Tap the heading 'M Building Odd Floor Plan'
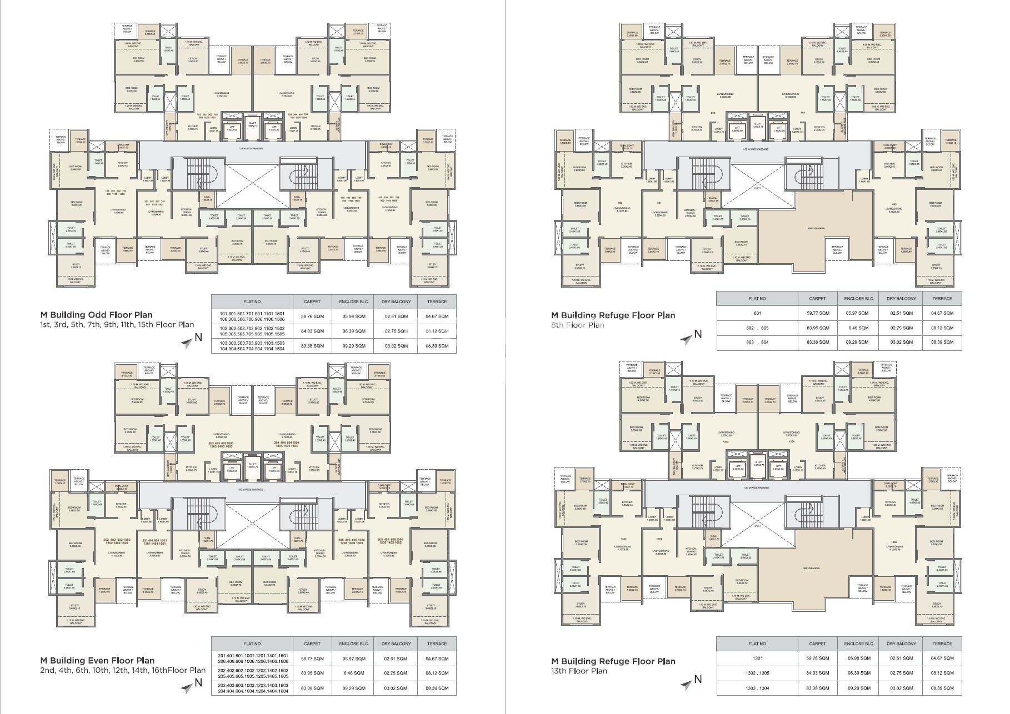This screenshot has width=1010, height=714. [x=96, y=315]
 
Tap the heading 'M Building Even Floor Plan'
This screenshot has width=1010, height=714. [x=97, y=660]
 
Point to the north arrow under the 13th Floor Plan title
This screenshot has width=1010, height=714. [x=694, y=680]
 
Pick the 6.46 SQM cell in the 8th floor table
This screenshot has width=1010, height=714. [x=859, y=328]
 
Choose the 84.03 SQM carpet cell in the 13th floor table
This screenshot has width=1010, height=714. [x=818, y=673]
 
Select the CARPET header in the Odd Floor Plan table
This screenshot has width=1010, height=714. [x=312, y=301]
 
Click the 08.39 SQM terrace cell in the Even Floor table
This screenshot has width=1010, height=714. [x=436, y=688]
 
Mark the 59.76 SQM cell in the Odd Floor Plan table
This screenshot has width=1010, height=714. [x=312, y=316]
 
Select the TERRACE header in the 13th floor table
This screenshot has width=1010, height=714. [x=942, y=644]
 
